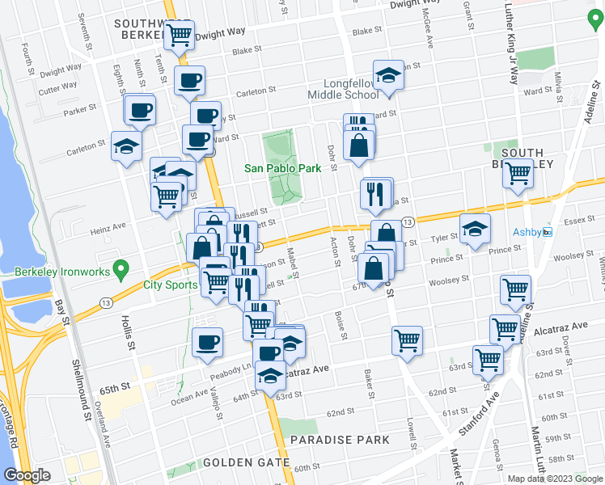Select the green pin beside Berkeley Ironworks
(x=121, y=267)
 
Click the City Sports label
(x=170, y=285)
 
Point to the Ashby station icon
(x=547, y=232)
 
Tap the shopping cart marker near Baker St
(x=406, y=339)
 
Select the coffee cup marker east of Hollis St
(x=208, y=342)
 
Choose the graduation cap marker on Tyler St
(x=475, y=229)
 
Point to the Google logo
(x=27, y=475)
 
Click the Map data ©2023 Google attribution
(x=555, y=479)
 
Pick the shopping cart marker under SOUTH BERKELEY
(x=518, y=173)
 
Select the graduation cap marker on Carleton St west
(x=127, y=146)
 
